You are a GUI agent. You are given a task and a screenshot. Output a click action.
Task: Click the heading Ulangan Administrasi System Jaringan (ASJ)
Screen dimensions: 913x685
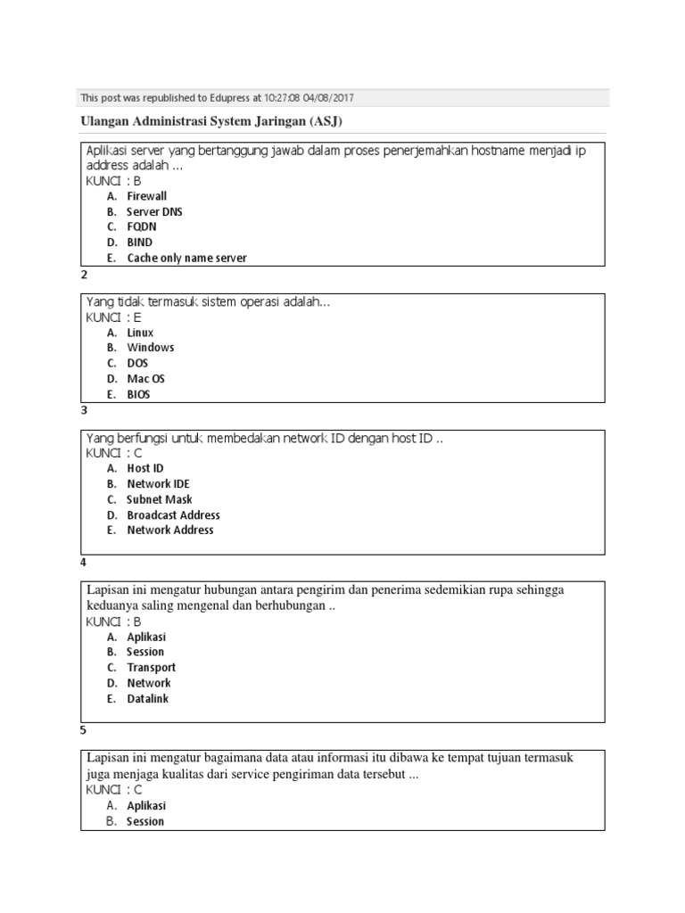click(x=212, y=121)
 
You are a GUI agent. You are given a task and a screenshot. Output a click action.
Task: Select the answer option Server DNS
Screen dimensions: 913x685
click(x=154, y=212)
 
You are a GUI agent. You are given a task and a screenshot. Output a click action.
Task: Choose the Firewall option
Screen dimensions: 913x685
click(x=146, y=196)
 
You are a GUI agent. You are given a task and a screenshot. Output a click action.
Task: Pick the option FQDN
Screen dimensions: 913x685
click(x=142, y=227)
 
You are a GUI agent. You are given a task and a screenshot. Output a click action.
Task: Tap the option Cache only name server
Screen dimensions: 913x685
click(x=186, y=258)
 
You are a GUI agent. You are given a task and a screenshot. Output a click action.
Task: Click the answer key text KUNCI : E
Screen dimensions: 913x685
click(x=113, y=317)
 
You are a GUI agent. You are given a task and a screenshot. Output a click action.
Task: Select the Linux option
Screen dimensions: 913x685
click(x=140, y=333)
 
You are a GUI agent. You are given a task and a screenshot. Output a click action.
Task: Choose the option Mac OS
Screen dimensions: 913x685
click(x=145, y=379)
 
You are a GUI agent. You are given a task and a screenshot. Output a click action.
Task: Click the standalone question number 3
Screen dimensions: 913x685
click(x=84, y=411)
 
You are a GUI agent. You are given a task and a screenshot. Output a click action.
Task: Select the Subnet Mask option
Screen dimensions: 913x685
click(x=159, y=499)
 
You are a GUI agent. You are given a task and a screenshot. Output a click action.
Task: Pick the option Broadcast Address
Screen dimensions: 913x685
click(x=173, y=515)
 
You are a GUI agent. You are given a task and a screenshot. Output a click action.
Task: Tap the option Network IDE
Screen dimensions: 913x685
click(x=158, y=484)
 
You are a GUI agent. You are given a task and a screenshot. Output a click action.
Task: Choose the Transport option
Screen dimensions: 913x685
click(x=151, y=668)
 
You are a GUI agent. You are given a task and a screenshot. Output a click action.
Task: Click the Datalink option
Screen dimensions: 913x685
click(x=147, y=699)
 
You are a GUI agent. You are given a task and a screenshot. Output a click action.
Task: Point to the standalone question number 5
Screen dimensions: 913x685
click(x=84, y=730)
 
